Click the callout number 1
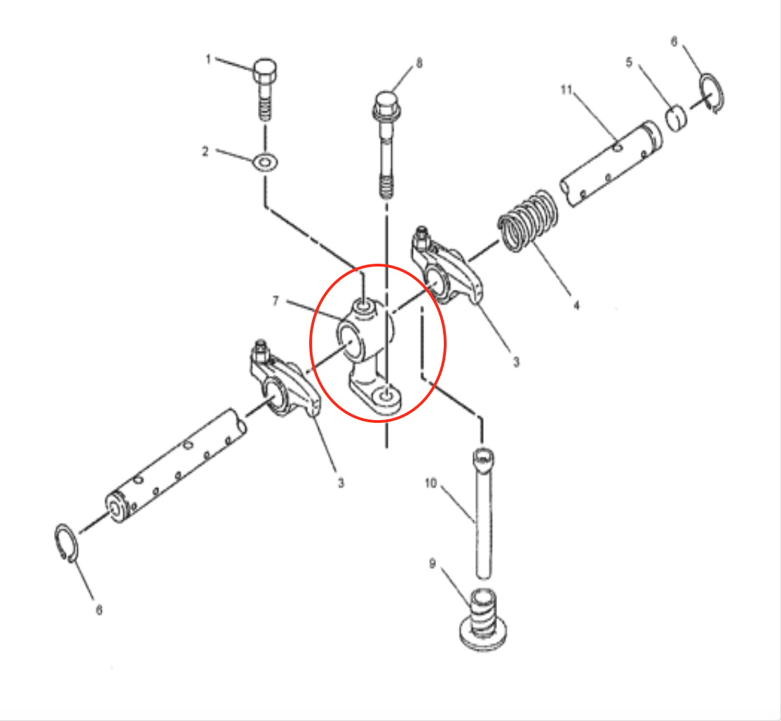point(208,60)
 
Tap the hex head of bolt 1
point(265,72)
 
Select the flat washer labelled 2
point(265,163)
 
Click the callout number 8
point(419,63)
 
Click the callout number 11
point(566,90)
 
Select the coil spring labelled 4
point(528,220)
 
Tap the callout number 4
point(576,305)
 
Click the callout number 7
point(276,301)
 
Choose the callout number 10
point(430,483)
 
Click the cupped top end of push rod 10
point(483,457)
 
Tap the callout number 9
point(433,564)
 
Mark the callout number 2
point(205,151)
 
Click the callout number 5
point(629,62)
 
